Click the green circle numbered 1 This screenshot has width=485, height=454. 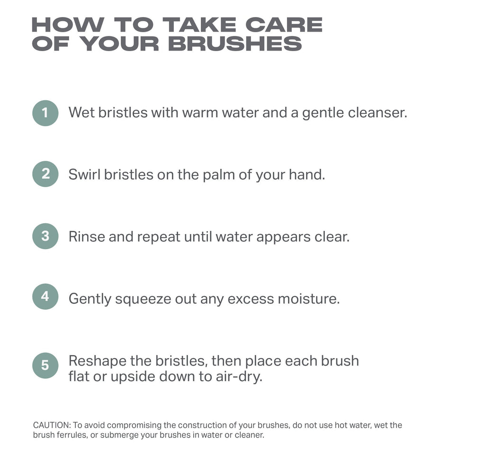click(45, 113)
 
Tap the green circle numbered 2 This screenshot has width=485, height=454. click(45, 174)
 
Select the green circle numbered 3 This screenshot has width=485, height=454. click(45, 236)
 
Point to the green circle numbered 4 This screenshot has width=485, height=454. click(45, 297)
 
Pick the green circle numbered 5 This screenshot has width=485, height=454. click(45, 365)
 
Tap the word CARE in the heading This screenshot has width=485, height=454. click(290, 25)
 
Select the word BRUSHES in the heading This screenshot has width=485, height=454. click(235, 44)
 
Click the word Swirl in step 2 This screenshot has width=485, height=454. click(84, 175)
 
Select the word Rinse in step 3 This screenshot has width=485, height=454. click(87, 236)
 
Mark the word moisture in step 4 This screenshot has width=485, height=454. click(308, 299)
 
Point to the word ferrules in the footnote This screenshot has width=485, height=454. click(70, 435)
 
